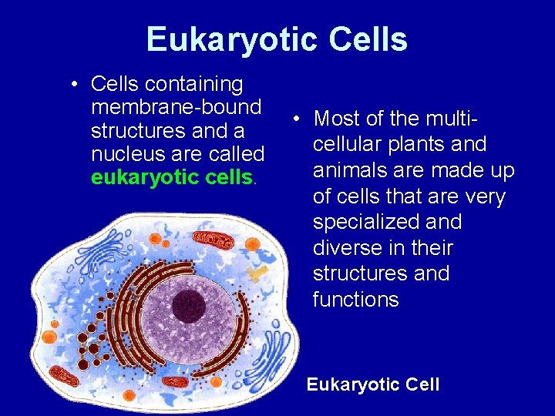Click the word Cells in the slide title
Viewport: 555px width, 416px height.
point(368,39)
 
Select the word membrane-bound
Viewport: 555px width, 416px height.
point(177,106)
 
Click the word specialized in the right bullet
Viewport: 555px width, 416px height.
point(387,223)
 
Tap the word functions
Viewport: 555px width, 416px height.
point(355,300)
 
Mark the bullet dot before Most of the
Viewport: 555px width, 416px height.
point(295,119)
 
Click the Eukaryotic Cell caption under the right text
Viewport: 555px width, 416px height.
point(373,384)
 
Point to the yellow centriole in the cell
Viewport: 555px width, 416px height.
point(261,272)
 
